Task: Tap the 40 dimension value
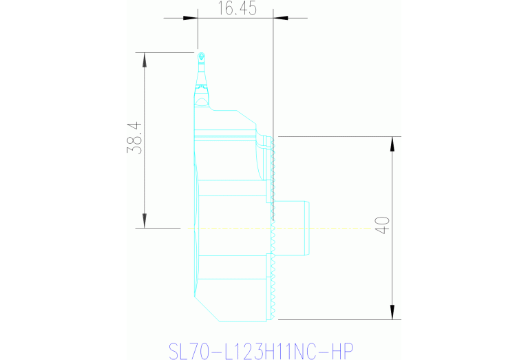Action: click(x=383, y=226)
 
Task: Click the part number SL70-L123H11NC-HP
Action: click(x=261, y=350)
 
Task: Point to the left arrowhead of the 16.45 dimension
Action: click(x=202, y=18)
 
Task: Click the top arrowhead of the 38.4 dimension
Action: click(x=145, y=58)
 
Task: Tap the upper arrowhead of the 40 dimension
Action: click(x=392, y=142)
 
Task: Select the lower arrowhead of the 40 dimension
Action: click(x=392, y=314)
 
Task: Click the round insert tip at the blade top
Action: click(x=200, y=56)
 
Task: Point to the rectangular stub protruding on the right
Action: click(x=292, y=227)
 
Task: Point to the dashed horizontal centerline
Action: click(x=330, y=227)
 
